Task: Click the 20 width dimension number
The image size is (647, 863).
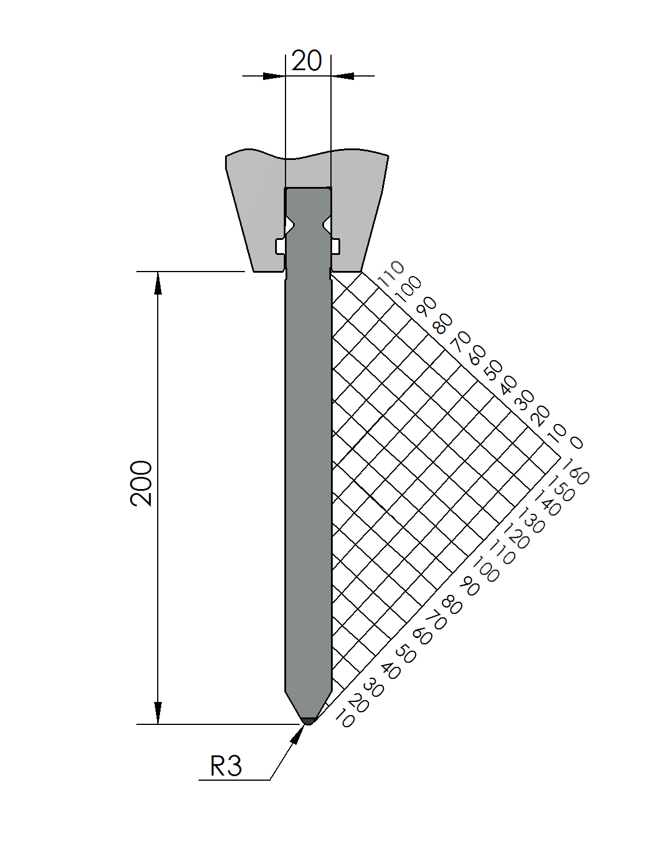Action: (306, 61)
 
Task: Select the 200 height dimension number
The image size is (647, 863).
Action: (141, 483)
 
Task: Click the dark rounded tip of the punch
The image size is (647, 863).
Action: (309, 721)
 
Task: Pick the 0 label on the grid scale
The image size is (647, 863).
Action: (576, 442)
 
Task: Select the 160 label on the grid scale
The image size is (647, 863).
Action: (576, 471)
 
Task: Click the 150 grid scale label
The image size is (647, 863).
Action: (562, 488)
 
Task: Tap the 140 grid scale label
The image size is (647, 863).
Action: (547, 503)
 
